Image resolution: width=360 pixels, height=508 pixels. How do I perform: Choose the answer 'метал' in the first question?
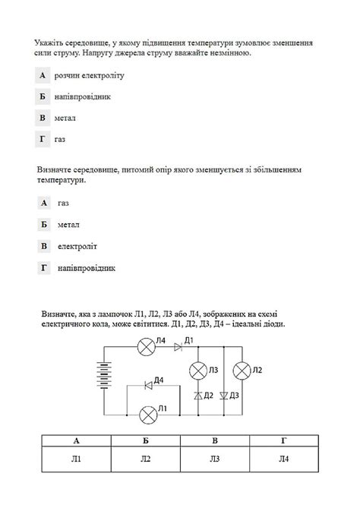65,118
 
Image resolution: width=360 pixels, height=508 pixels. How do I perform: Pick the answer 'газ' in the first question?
60,140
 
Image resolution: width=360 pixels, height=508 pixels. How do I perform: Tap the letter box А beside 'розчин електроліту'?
43,75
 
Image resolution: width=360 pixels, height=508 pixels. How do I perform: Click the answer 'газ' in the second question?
63,203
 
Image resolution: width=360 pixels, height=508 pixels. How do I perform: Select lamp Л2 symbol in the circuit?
242,371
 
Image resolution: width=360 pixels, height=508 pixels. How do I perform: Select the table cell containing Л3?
216,459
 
